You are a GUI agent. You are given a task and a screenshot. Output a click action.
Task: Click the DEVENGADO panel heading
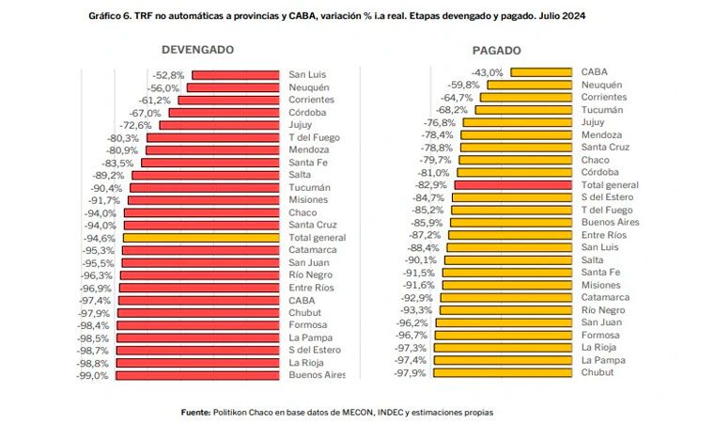point(197,50)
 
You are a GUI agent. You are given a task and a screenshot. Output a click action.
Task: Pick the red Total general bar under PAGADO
point(513,185)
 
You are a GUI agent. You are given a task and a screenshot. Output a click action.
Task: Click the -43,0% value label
point(488,71)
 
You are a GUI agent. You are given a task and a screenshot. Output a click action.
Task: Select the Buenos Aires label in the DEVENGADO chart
point(317,375)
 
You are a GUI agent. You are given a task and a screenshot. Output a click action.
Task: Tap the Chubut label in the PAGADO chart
point(598,372)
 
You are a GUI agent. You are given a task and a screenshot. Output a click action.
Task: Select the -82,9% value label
point(432,185)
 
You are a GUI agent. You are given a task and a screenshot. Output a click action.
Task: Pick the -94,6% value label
point(101,238)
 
